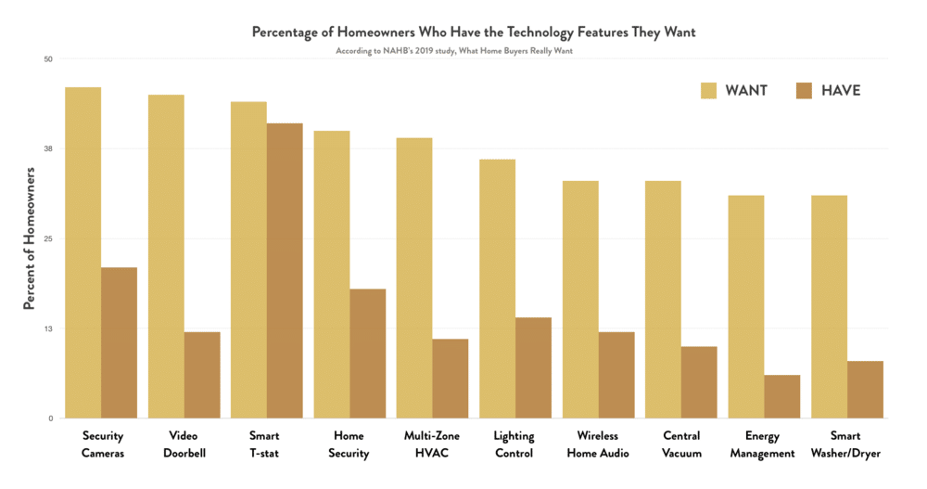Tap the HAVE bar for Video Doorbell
coord(202,375)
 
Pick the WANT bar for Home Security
coord(331,275)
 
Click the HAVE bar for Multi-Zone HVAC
coord(451,379)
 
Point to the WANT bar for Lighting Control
coord(497,289)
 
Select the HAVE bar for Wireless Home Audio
coord(616,375)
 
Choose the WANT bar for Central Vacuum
coord(663,300)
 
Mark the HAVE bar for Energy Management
coord(781,396)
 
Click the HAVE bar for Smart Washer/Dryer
coord(865,390)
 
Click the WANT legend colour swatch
coord(708,90)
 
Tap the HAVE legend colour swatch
coord(804,90)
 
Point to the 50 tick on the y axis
coord(48,59)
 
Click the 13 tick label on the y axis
coord(48,328)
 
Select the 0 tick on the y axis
coord(50,418)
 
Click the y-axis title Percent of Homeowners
coord(29,239)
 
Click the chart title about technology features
coord(474,32)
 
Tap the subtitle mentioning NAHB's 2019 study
coord(454,50)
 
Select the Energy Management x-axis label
coord(761,444)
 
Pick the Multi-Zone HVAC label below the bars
coord(429,444)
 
